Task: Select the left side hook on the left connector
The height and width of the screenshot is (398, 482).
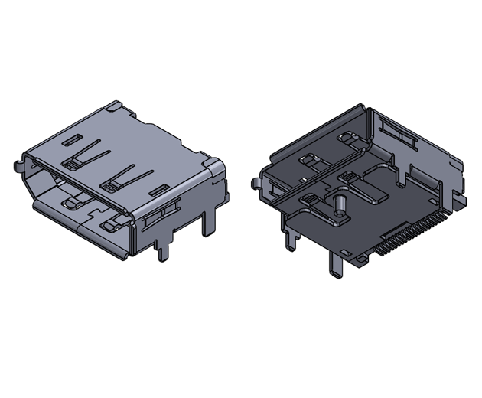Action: click(x=18, y=164)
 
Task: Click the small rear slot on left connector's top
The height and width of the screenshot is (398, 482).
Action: click(x=70, y=140)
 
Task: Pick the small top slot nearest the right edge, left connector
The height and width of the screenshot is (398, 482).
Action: click(x=160, y=188)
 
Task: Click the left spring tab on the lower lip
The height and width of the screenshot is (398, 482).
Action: click(x=74, y=204)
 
